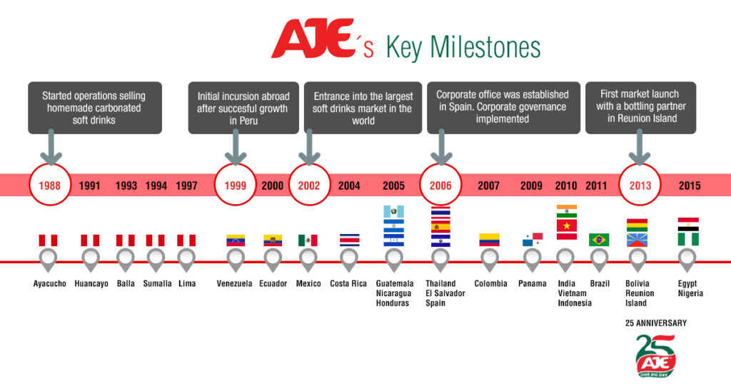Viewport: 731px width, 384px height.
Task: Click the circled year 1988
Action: pyautogui.click(x=50, y=186)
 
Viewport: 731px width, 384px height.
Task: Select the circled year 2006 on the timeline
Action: pyautogui.click(x=440, y=186)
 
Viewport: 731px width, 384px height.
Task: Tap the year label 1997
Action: pyautogui.click(x=186, y=186)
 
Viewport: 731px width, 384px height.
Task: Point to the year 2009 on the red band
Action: pyautogui.click(x=531, y=186)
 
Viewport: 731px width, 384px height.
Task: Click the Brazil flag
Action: pyautogui.click(x=599, y=240)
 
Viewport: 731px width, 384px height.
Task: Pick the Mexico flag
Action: pyautogui.click(x=308, y=240)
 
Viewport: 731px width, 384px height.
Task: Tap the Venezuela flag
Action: pyautogui.click(x=236, y=241)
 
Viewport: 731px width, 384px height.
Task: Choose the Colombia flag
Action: pyautogui.click(x=489, y=240)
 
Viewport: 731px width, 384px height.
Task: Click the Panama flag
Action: pyautogui.click(x=532, y=241)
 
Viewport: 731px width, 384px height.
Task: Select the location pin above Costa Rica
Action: pyautogui.click(x=349, y=260)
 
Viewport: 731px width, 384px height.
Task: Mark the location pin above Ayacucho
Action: pyautogui.click(x=49, y=260)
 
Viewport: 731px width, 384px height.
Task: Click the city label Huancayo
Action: pyautogui.click(x=91, y=283)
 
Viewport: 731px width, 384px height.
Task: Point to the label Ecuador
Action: pyautogui.click(x=273, y=283)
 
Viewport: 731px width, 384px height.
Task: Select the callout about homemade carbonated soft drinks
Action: pyautogui.click(x=95, y=108)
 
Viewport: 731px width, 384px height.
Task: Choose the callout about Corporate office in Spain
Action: pyautogui.click(x=503, y=107)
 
